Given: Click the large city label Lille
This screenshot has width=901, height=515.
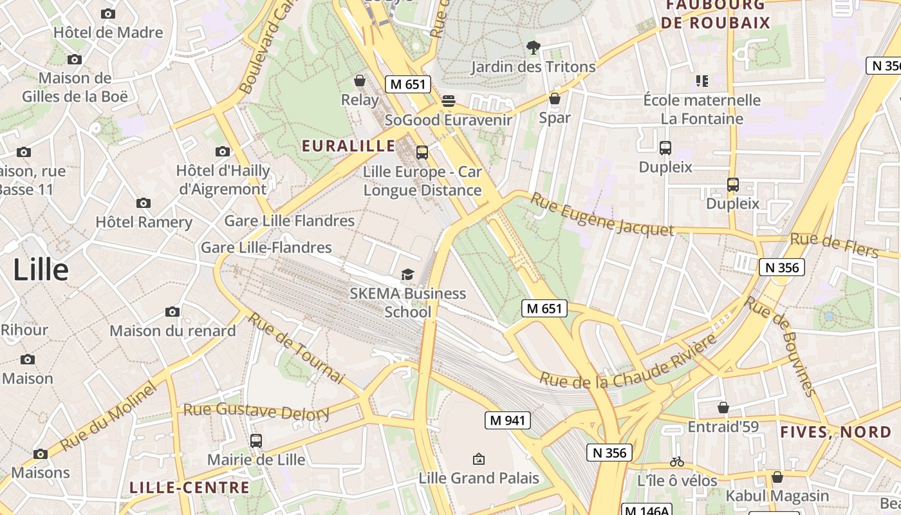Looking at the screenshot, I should click(x=41, y=270).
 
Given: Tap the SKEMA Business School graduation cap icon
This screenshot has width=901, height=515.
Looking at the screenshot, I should click(x=407, y=276).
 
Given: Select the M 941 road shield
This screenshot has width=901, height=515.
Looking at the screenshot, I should click(x=508, y=420).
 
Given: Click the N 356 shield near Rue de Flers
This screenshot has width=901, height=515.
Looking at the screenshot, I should click(x=782, y=267).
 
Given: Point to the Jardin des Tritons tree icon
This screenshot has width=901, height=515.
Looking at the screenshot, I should click(x=533, y=47).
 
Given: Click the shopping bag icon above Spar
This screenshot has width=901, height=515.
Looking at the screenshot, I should click(x=554, y=98).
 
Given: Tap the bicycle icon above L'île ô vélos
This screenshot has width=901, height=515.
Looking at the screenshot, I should click(x=676, y=462).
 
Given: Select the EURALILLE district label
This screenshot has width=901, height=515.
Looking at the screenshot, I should click(x=349, y=145).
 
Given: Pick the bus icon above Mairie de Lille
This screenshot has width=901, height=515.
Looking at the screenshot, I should click(x=256, y=441).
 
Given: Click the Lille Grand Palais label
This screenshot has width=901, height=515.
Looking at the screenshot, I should click(x=479, y=478).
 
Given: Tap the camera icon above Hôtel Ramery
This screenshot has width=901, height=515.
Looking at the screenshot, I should click(x=144, y=203).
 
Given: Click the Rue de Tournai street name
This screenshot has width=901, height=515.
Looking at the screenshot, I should click(x=297, y=348).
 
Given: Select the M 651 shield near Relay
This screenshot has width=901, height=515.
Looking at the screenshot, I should click(x=408, y=84).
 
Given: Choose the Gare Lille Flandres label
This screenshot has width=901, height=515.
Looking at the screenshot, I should click(x=289, y=221).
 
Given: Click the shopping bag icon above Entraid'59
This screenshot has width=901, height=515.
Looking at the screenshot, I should click(x=723, y=407).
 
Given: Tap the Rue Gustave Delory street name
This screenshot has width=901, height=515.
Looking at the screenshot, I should click(x=256, y=411).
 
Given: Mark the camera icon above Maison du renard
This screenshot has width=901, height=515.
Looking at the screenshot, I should click(x=172, y=312).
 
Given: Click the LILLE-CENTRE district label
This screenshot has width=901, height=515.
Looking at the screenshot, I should click(x=189, y=487).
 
